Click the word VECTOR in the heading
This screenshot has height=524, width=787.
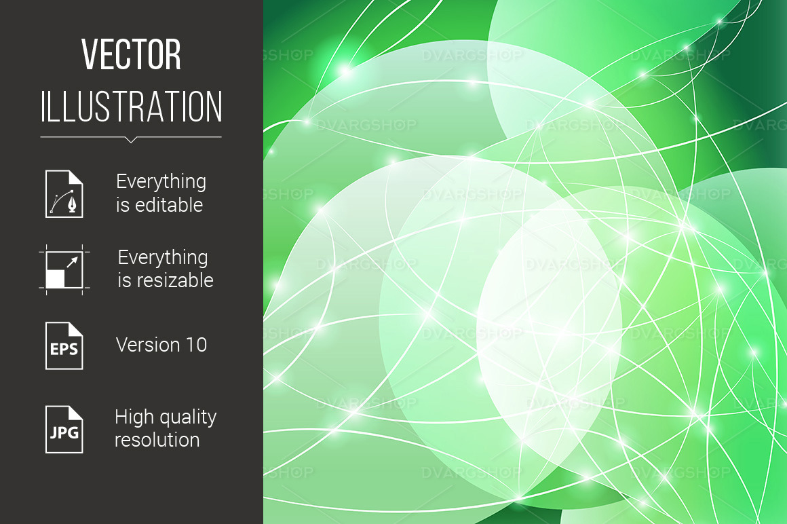[132, 55]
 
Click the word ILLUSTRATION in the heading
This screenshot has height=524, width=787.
[132, 107]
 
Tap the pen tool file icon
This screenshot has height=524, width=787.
[64, 193]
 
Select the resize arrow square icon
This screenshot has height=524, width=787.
[64, 269]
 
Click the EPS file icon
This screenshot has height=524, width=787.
[64, 345]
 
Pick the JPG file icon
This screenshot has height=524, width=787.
[64, 430]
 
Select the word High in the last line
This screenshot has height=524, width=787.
[133, 417]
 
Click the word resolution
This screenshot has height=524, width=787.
[157, 440]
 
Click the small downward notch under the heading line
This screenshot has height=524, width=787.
[131, 140]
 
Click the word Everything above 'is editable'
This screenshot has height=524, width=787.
[161, 182]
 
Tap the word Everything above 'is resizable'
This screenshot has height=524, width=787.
[163, 258]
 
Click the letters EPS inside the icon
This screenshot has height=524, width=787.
[64, 351]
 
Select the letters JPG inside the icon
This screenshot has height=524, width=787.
[64, 432]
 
